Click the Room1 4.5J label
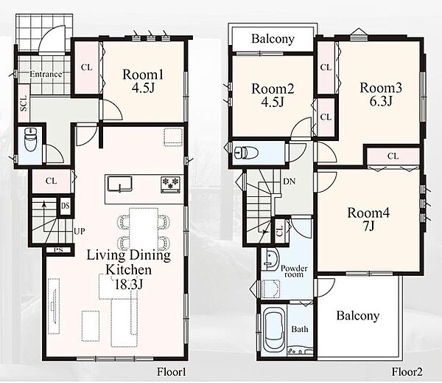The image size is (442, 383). pos(143,81)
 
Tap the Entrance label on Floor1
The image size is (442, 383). pos(46,75)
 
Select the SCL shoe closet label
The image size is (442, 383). pos(24,103)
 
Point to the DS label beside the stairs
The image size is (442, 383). pos(65,206)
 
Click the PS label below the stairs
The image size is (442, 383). pos(58,250)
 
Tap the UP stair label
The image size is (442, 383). pos(80,231)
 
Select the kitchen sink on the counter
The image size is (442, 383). pos(120,184)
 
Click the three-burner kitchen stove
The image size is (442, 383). pos(170,184)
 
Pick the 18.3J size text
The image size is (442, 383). pos(128,284)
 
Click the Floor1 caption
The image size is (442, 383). pos(172,372)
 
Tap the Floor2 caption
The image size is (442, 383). pos(407,372)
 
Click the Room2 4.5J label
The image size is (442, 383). pos(273,95)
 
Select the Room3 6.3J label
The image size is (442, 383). pos(381,94)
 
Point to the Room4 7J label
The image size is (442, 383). pos(368,219)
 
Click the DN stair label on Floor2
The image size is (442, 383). pos(290,182)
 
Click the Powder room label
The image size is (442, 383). pos(294,271)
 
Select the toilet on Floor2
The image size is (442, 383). pos(246,153)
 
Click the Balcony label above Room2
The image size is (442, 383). pos(273,38)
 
